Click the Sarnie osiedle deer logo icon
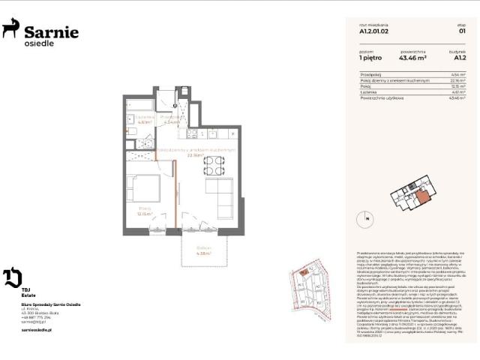pos(11,29)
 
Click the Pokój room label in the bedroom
pos(144,209)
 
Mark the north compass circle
pos(367,219)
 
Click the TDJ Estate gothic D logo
pos(12,277)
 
